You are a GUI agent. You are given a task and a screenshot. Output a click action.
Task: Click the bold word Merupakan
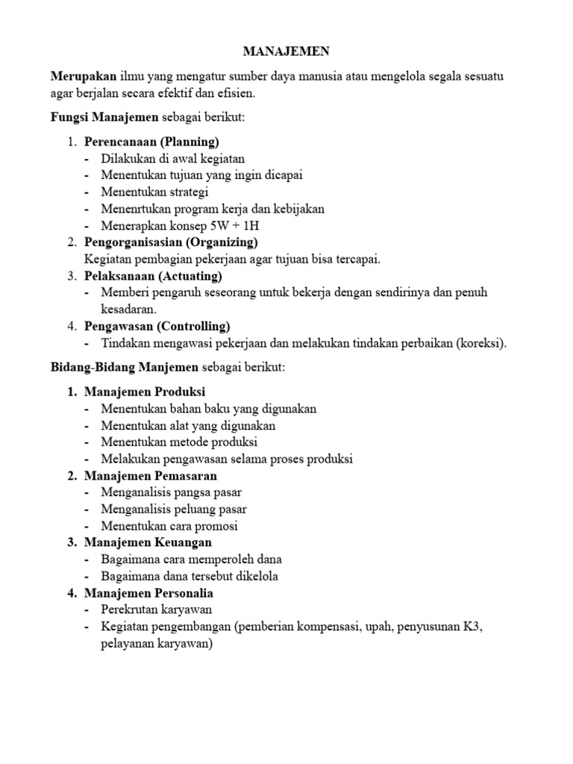coord(84,76)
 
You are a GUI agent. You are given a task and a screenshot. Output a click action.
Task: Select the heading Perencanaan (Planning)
coord(151,141)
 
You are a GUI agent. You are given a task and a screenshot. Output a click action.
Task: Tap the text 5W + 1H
coord(241,225)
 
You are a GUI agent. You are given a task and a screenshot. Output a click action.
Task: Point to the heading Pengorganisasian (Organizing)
coord(171,242)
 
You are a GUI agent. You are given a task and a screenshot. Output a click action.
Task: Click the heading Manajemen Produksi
coord(145,392)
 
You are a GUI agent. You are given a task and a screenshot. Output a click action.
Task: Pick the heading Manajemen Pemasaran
coord(151,475)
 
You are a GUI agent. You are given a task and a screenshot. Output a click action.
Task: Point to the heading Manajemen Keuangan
coord(148,542)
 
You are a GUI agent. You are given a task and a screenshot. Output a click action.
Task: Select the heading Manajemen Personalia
coord(149,593)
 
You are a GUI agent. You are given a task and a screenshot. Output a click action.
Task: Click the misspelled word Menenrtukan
coord(135,208)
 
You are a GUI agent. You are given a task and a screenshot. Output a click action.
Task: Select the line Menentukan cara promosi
coord(169,526)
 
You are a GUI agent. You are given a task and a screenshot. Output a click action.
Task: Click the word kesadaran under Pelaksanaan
coord(128,309)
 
